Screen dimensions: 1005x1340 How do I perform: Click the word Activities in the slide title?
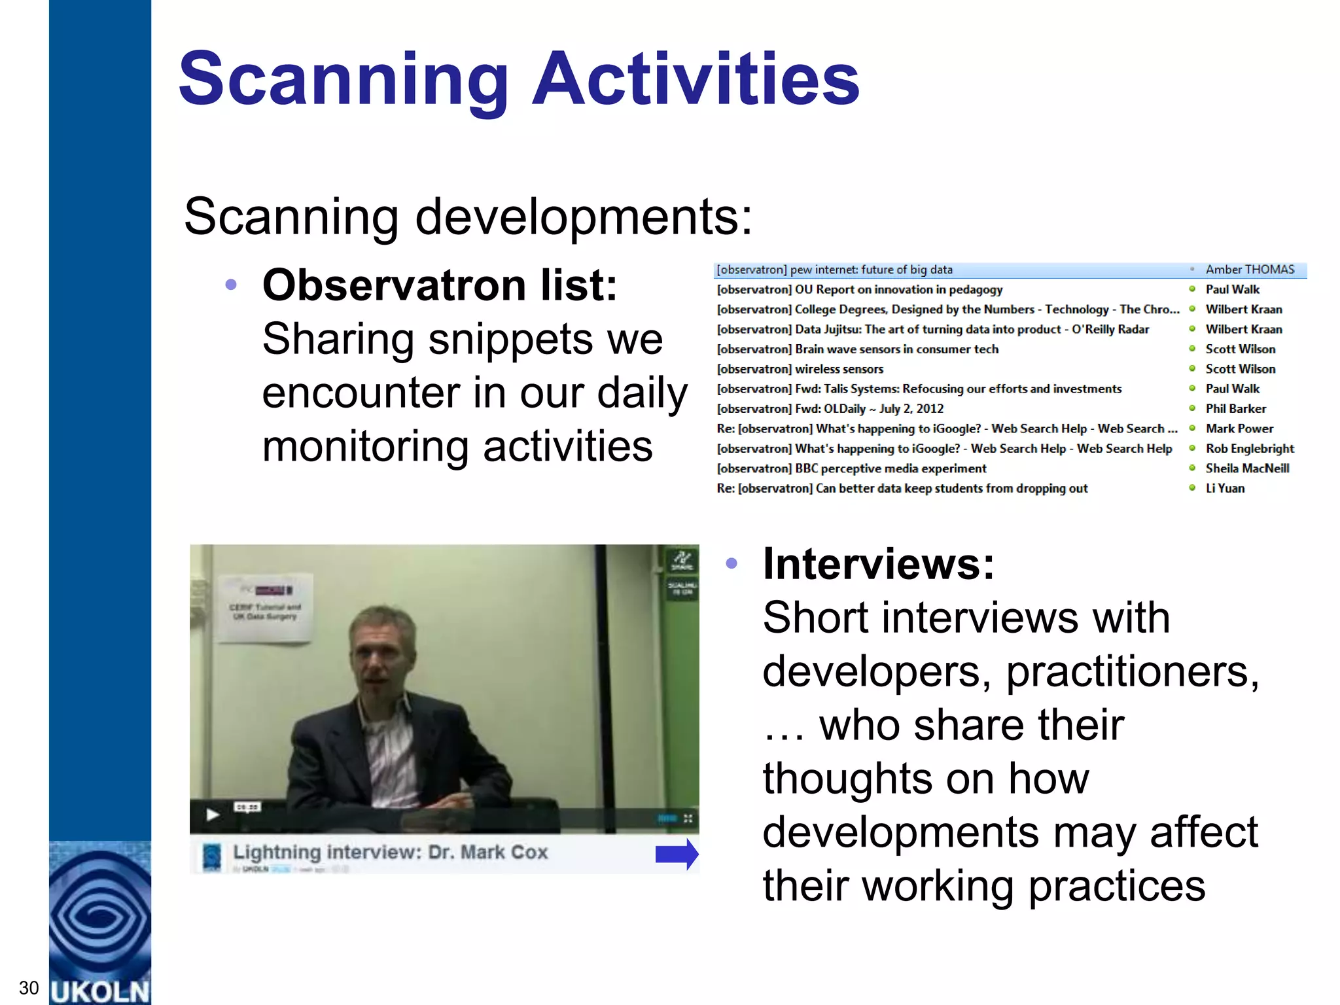[x=696, y=80]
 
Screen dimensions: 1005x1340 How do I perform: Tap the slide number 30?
[x=29, y=987]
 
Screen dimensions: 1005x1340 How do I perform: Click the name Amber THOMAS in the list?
[x=1250, y=270]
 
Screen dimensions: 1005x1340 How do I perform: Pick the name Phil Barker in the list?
[x=1235, y=409]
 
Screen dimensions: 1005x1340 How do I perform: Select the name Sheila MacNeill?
[x=1247, y=468]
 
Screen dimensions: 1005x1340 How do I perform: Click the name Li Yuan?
[x=1225, y=488]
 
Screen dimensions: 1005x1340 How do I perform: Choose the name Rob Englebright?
[x=1250, y=449]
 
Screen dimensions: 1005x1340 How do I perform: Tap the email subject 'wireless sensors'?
[x=839, y=369]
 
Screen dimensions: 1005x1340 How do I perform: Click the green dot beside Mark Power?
[x=1192, y=429]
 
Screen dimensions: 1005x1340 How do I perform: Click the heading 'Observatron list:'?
[x=440, y=286]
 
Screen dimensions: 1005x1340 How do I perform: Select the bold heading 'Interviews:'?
[x=878, y=564]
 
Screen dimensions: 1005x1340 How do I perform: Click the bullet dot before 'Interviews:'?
[x=732, y=563]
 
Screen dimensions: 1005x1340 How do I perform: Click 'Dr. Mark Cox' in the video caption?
[x=487, y=853]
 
